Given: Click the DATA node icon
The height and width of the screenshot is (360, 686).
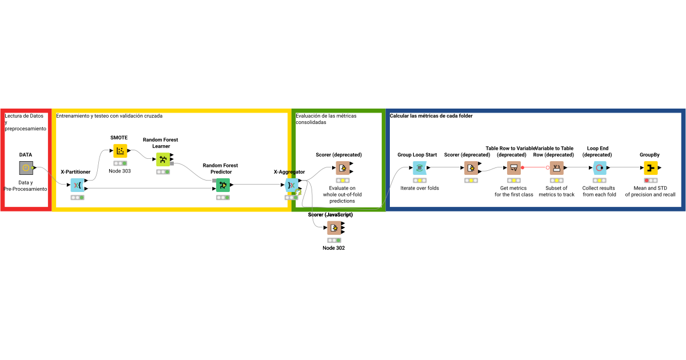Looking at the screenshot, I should [x=26, y=167].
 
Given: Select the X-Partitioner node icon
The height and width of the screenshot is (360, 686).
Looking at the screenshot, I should [x=77, y=185].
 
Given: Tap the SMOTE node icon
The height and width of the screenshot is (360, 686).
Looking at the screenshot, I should [x=120, y=151].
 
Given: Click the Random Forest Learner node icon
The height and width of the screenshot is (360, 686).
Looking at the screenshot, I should [x=163, y=159].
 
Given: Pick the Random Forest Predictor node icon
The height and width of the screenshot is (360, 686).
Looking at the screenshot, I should [x=222, y=185].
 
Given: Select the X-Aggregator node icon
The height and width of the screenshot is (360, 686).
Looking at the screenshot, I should [x=292, y=185].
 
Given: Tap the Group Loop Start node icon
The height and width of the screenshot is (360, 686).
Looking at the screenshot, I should [x=420, y=167].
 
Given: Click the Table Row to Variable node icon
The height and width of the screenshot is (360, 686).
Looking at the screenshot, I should [x=513, y=167].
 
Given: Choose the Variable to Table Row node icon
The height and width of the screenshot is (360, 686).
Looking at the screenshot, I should [x=556, y=167].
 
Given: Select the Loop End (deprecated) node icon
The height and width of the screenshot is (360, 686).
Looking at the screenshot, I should [x=599, y=167].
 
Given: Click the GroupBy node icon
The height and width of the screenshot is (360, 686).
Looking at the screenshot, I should [x=651, y=167].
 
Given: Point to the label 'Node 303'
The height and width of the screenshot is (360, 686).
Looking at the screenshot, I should [x=120, y=171].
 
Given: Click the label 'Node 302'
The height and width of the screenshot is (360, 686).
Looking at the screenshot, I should [x=334, y=248].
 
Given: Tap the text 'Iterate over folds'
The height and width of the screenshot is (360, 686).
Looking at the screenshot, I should [x=420, y=188].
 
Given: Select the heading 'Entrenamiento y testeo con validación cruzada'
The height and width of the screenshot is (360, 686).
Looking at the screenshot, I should [x=109, y=116].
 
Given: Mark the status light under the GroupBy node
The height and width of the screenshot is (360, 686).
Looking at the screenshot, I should [x=651, y=180].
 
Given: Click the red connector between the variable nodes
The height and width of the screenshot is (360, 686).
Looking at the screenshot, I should [x=535, y=167].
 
